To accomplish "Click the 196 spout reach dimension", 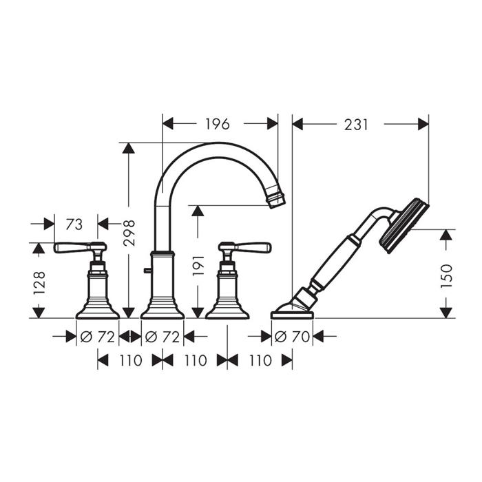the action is [x=218, y=124].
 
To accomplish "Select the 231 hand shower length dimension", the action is [x=356, y=125].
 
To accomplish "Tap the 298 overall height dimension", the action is [x=129, y=233].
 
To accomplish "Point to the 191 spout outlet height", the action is [x=198, y=265].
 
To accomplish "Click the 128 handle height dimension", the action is [x=39, y=283].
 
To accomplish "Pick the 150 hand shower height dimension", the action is [x=447, y=275].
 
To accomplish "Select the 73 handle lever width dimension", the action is [x=74, y=224].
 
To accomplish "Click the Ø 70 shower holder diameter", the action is [x=292, y=337].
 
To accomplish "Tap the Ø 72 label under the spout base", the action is [x=163, y=337].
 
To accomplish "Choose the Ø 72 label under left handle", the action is [x=98, y=337].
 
